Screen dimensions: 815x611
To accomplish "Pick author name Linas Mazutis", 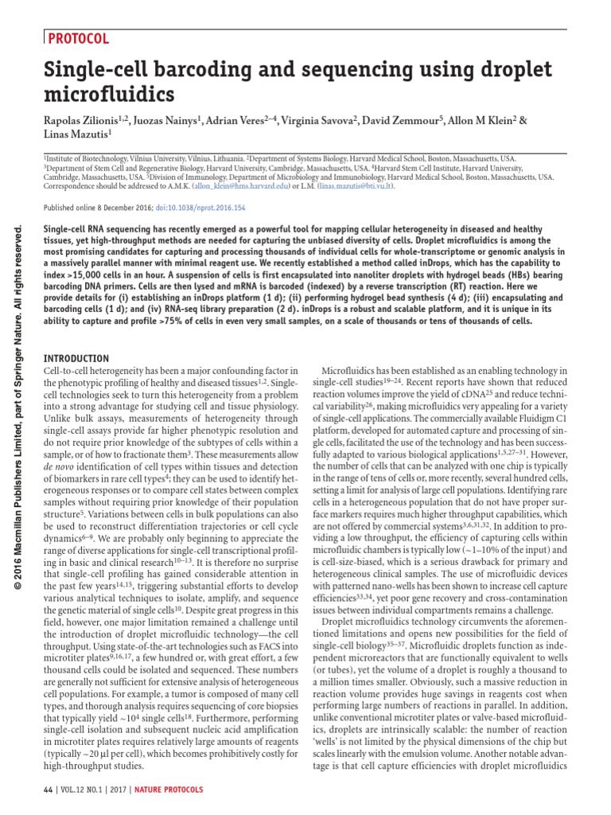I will [72, 135].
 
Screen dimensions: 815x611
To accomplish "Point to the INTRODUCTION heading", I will [76, 358].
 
